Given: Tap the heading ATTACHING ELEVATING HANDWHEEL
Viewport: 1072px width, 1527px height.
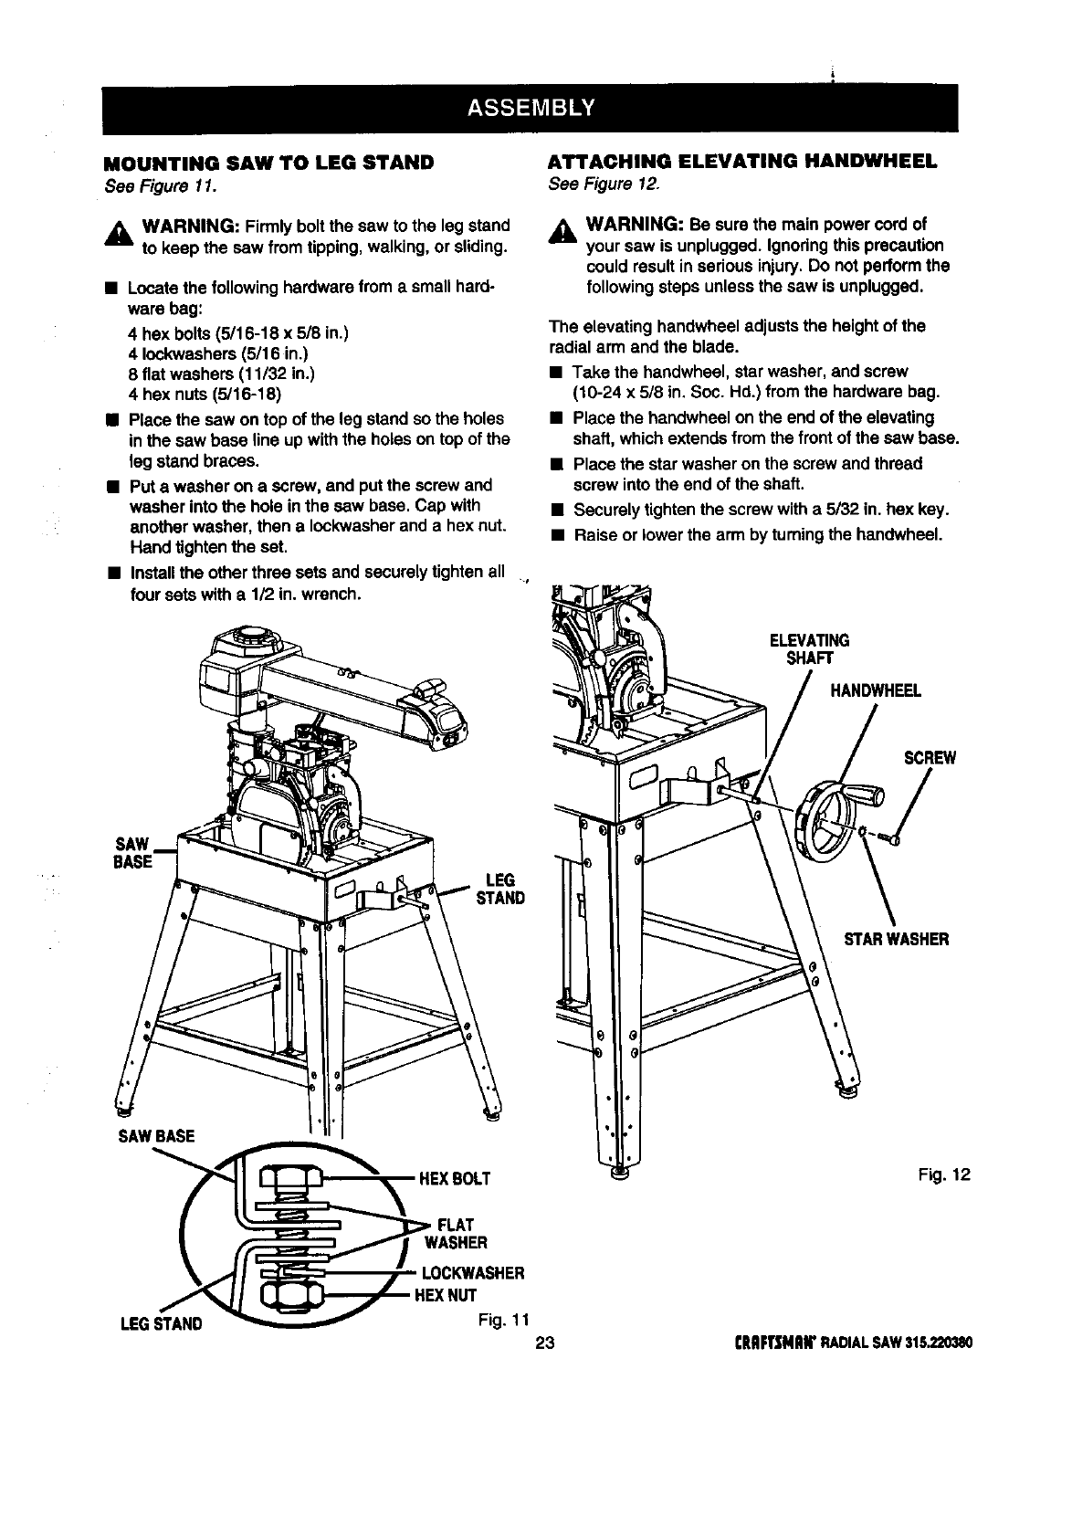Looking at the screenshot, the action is pos(742,163).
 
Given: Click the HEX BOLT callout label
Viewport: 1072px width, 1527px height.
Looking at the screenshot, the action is pos(454,1179).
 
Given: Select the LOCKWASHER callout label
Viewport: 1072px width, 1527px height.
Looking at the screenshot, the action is pos(472,1273).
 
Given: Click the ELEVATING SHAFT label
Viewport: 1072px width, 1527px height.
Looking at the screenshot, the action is pos(810,648).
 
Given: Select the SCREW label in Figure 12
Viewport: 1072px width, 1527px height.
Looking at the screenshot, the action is pos(929,758).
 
